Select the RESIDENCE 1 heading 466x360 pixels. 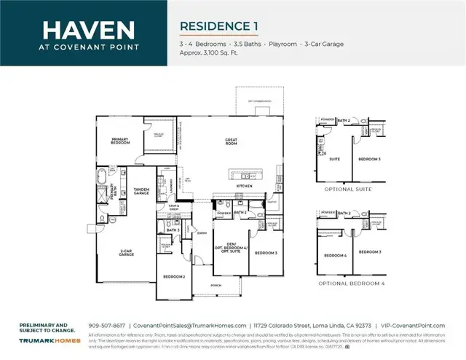click(218, 26)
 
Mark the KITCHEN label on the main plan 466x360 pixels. click(243, 187)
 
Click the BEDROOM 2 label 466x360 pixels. click(173, 277)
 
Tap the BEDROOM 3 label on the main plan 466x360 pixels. click(266, 253)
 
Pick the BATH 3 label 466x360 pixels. click(173, 230)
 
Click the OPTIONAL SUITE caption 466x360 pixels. click(348, 189)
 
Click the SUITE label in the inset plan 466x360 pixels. click(335, 158)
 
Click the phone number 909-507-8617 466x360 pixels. click(106, 325)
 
